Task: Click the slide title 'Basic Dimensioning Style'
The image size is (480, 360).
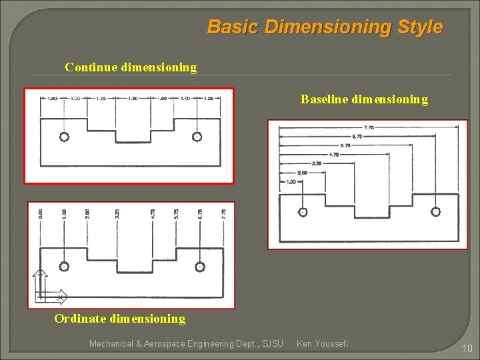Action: pos(325,27)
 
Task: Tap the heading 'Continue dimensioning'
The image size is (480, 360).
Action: pos(131,67)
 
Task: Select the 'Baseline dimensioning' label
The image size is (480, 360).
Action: pos(364,99)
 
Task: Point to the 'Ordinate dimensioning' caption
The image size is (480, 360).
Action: pos(120,319)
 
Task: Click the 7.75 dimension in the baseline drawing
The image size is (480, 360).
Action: pos(369,127)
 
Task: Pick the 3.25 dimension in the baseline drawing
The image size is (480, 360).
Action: pos(317,163)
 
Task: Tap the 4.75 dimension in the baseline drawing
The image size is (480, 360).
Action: pos(334,154)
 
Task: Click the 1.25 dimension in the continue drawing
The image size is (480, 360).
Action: pos(101,99)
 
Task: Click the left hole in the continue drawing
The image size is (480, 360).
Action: pos(64,137)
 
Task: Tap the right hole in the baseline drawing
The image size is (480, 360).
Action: pos(435,212)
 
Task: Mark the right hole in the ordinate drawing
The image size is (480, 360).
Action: pos(199,267)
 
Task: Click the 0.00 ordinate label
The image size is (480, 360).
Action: pos(41,214)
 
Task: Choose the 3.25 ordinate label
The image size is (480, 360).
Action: pos(117,214)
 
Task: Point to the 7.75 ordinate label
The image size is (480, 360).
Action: pos(224,214)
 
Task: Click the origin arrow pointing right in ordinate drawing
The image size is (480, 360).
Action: pos(60,296)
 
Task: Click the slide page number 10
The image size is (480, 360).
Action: pos(467,348)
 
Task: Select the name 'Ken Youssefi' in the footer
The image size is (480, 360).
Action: pos(322,343)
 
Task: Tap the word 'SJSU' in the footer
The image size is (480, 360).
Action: pos(273,343)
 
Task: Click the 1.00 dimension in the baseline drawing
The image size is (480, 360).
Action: pos(291,181)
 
